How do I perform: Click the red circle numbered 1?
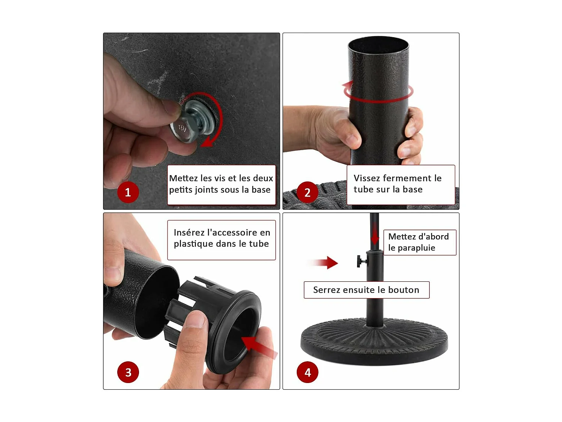click(x=128, y=192)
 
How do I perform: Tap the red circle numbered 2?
click(x=307, y=192)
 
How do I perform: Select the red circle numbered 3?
click(x=128, y=372)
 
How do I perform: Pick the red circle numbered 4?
click(x=307, y=372)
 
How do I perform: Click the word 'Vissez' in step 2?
click(x=367, y=178)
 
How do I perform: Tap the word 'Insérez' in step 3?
click(x=189, y=233)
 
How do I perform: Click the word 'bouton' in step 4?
click(x=404, y=290)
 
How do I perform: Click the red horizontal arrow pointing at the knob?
click(x=324, y=263)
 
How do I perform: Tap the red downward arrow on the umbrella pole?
click(x=375, y=234)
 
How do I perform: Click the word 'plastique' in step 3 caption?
click(x=194, y=244)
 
